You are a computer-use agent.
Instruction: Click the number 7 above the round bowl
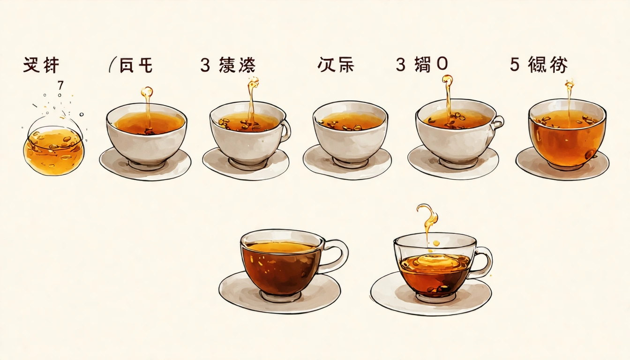[60, 86]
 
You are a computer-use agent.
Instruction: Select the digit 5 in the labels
[515, 65]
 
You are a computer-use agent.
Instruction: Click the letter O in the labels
[442, 65]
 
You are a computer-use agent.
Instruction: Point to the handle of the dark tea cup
[337, 255]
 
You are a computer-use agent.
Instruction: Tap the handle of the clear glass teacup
[483, 262]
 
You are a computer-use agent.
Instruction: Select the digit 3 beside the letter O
[400, 65]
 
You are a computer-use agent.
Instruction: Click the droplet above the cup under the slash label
[147, 91]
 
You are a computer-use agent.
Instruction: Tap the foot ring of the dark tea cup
[280, 296]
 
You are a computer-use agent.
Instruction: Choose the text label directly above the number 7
[41, 65]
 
